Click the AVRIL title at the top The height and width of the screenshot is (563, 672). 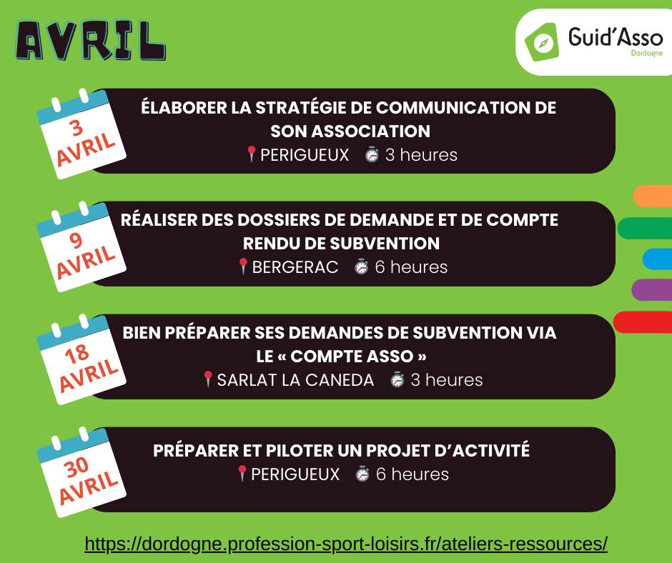(90, 40)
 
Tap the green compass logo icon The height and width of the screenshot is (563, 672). (542, 42)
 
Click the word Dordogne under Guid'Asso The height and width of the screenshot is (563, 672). (647, 53)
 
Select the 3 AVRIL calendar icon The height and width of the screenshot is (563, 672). (81, 134)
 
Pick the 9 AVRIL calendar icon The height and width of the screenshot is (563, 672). (81, 246)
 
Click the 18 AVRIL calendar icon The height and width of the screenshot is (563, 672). (81, 359)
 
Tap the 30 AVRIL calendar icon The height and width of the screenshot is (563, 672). (81, 472)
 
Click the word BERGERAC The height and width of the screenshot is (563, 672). (295, 267)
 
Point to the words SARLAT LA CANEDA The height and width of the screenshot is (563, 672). (295, 380)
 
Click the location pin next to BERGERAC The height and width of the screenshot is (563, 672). (243, 266)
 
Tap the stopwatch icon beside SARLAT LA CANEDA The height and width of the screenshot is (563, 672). (397, 380)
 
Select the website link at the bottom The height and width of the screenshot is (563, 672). (346, 544)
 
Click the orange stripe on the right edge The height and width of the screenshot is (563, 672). (653, 196)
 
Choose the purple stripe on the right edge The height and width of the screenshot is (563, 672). (652, 289)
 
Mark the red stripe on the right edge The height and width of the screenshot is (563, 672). (643, 322)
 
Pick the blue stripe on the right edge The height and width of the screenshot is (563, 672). (658, 259)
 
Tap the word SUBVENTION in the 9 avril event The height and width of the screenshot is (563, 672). (385, 244)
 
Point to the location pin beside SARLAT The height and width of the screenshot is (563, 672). (208, 379)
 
